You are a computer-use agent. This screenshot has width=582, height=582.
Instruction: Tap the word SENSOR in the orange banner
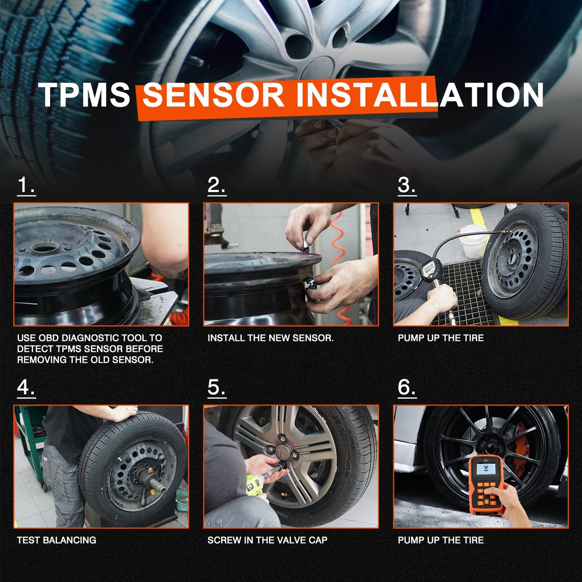click(213, 95)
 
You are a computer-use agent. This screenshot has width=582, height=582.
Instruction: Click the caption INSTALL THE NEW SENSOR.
click(271, 338)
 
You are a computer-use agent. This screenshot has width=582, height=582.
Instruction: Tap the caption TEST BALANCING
click(56, 540)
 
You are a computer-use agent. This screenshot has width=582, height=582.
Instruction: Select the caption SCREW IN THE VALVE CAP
click(267, 540)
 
